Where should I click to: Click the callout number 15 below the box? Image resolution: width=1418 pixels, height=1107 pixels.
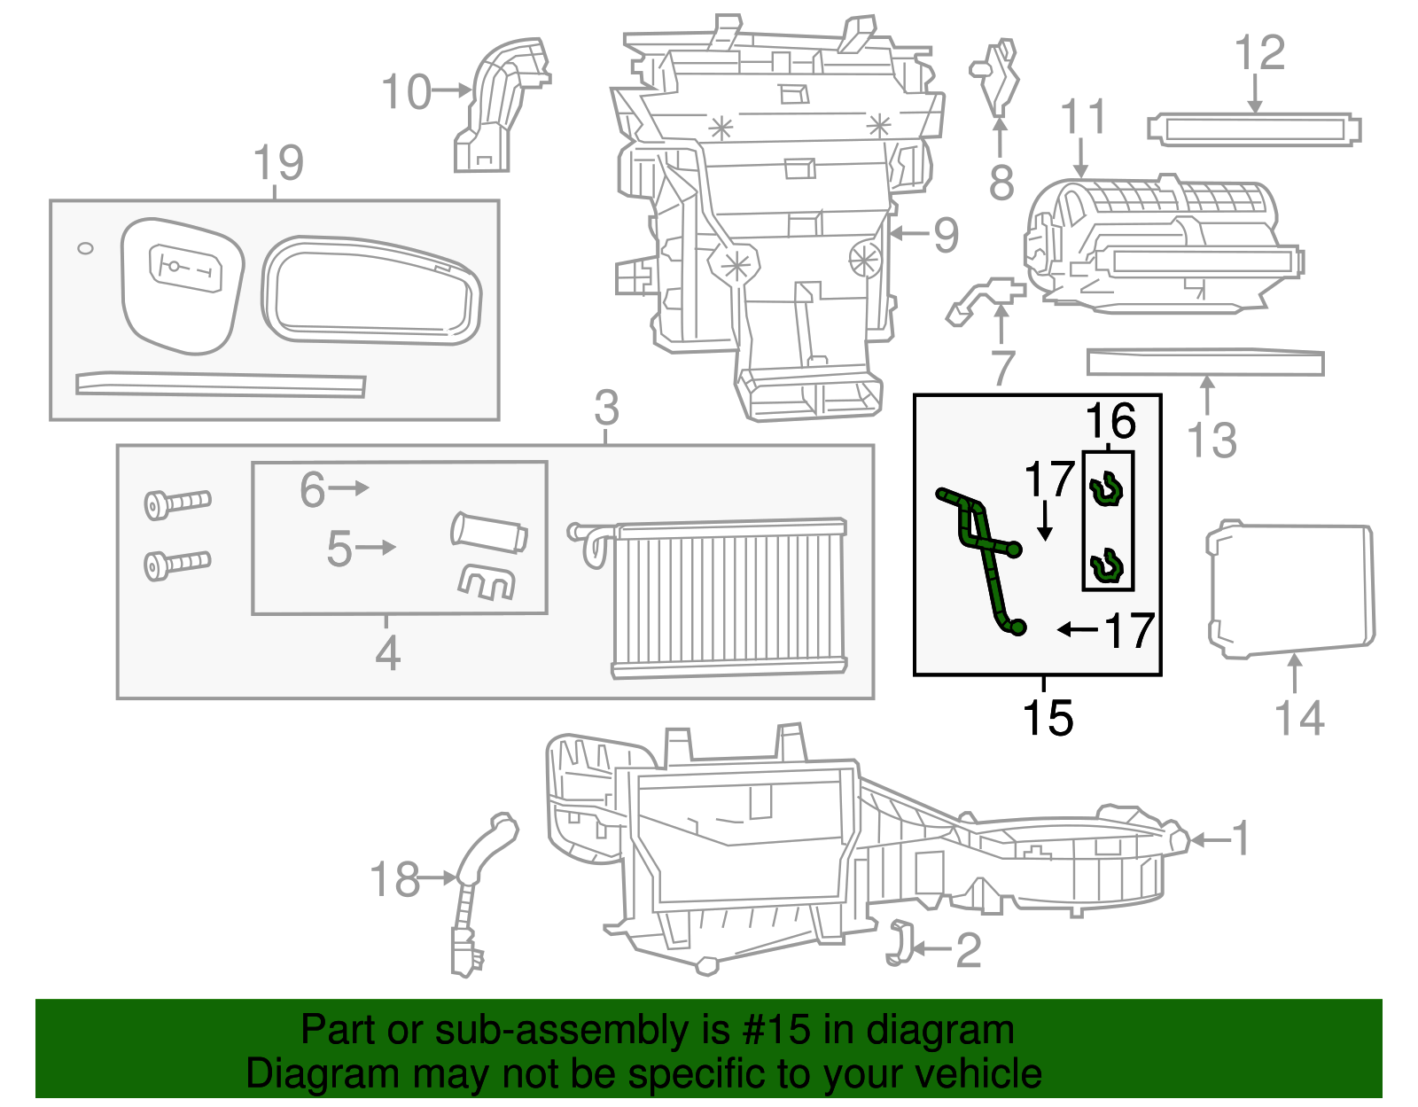point(1047,717)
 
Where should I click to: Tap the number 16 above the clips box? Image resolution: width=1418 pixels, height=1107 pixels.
point(1110,422)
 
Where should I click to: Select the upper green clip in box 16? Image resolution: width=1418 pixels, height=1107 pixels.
point(1106,489)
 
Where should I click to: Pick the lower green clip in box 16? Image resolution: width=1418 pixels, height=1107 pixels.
point(1106,566)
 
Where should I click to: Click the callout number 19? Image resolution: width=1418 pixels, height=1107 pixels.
point(277,163)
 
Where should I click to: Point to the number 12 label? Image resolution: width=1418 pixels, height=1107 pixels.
point(1259,53)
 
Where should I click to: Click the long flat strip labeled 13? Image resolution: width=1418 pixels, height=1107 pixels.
point(1204,362)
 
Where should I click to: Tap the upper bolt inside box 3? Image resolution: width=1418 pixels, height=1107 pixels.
point(177,503)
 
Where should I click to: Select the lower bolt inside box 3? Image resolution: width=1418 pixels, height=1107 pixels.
point(177,563)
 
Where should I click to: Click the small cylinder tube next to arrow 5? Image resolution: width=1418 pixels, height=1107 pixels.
point(489,533)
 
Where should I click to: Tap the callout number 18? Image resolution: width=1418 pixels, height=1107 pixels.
point(394,879)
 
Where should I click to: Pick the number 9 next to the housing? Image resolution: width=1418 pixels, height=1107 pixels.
point(946,235)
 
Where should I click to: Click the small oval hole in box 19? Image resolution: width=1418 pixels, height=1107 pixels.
point(85,248)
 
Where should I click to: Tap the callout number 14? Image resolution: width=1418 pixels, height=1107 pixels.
point(1298,717)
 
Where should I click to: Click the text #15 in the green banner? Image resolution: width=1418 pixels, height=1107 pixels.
point(775,1030)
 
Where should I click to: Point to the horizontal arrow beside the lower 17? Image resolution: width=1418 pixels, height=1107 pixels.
point(1077,629)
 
